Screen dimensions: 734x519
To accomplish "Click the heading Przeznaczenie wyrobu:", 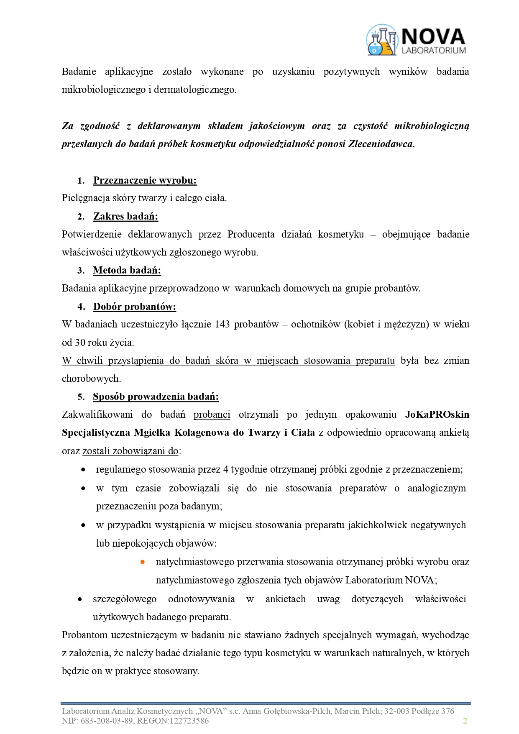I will tap(145, 180).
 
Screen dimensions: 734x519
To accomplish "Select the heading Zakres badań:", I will tap(125, 216).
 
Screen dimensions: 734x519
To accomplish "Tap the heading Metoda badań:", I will tap(127, 270).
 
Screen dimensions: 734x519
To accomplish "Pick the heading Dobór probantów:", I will tap(134, 307).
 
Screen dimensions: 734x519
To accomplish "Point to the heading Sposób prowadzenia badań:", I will tap(156, 396).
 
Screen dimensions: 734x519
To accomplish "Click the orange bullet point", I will tap(143, 562).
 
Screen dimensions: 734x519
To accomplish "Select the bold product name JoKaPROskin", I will tap(437, 414).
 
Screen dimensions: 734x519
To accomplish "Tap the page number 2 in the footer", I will tap(465, 721).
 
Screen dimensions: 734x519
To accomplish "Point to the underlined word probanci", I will tap(212, 414).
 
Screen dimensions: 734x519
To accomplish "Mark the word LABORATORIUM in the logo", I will tap(434, 51).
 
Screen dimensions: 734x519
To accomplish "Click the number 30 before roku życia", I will tap(80, 343).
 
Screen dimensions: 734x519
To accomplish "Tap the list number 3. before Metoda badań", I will tap(81, 271).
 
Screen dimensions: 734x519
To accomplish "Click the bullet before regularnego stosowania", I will tap(83, 470).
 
